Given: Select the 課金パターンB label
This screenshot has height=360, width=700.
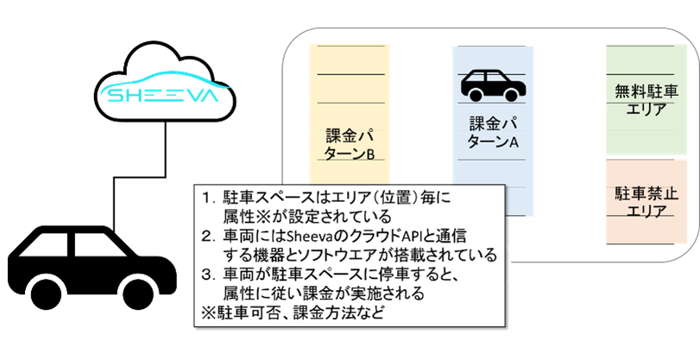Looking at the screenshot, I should pyautogui.click(x=350, y=145).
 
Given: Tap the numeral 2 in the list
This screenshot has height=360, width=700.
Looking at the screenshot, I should pyautogui.click(x=206, y=236).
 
